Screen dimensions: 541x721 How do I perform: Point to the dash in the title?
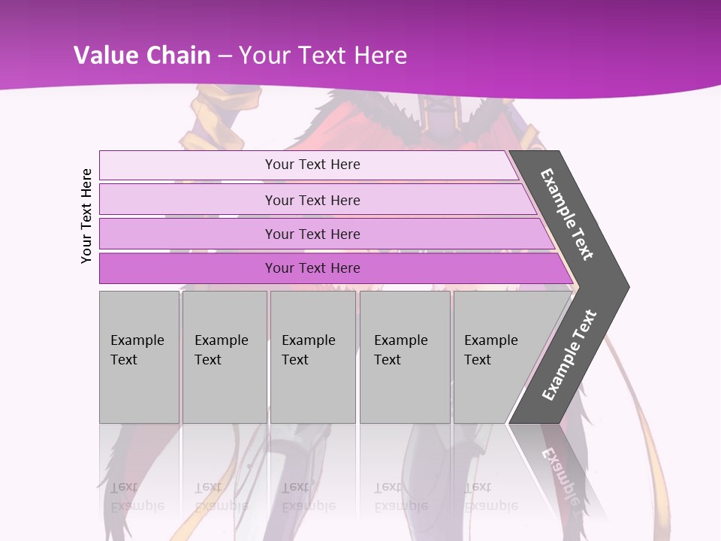click(225, 56)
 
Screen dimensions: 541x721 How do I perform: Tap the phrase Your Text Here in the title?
click(323, 56)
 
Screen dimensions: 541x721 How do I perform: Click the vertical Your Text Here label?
click(86, 216)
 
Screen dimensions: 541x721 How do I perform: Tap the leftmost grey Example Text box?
click(139, 357)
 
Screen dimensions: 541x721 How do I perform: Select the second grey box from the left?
click(224, 357)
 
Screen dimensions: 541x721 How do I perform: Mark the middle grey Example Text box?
click(312, 357)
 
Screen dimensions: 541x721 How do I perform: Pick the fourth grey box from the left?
click(405, 357)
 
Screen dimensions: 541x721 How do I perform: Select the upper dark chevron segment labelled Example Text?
click(568, 215)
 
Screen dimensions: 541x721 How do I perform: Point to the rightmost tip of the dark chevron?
click(628, 286)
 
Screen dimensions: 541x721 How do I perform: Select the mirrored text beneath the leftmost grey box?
click(137, 496)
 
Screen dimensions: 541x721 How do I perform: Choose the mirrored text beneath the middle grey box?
click(308, 496)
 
